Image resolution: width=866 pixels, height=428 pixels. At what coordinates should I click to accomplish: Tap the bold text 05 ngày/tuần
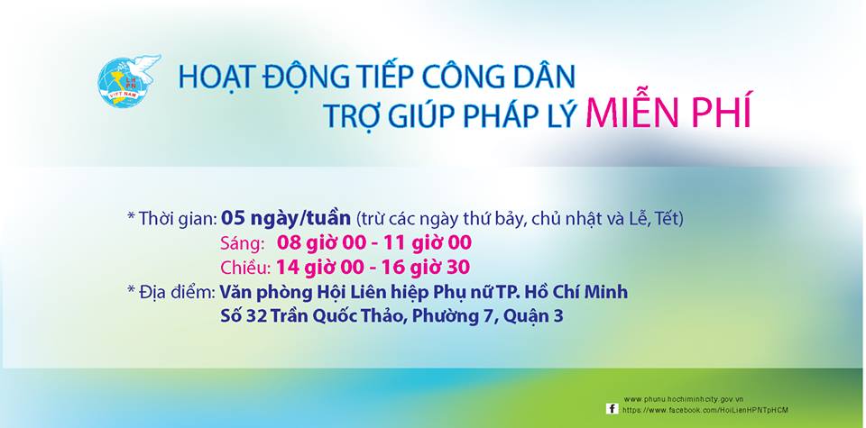(x=286, y=218)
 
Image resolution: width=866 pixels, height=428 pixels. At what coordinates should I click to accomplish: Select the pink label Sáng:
(x=242, y=242)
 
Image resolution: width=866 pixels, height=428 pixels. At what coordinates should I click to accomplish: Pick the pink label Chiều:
(x=245, y=268)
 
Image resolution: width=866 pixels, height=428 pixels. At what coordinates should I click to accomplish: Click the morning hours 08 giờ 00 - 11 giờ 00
(x=373, y=242)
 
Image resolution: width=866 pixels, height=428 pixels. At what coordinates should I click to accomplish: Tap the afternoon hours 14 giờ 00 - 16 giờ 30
(x=373, y=268)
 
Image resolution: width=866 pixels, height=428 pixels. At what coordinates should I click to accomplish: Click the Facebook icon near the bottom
(x=612, y=409)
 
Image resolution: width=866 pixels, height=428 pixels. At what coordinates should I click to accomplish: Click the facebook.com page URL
(x=705, y=410)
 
